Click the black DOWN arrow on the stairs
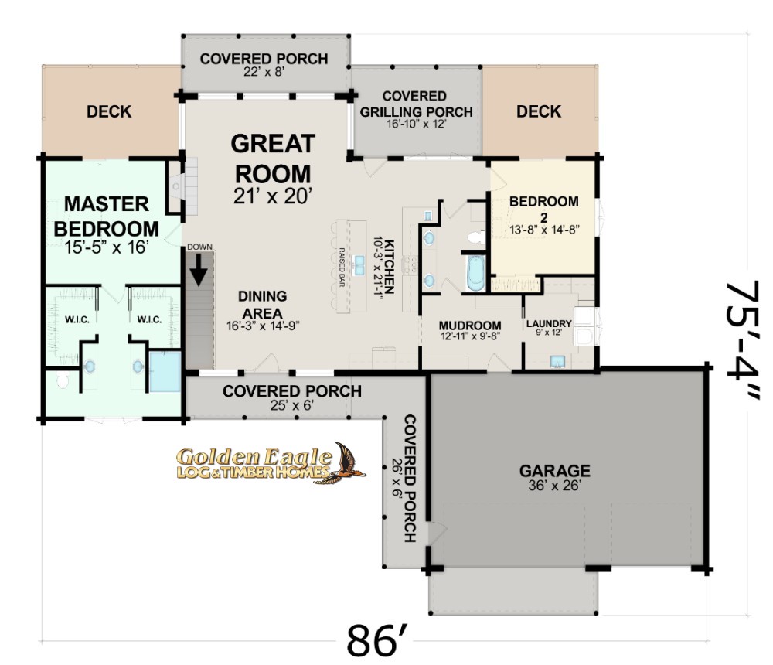[199, 269]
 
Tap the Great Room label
[273, 159]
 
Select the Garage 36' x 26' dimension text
[554, 486]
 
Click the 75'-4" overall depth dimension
[742, 341]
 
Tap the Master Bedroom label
[107, 217]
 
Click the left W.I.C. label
[77, 319]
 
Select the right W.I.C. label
[149, 319]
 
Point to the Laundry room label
[549, 324]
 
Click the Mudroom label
[470, 326]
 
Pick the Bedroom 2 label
[543, 209]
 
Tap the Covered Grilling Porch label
[416, 104]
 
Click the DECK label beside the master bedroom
[109, 111]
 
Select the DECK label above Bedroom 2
[538, 111]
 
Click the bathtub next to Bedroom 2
[476, 273]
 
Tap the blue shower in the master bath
[165, 371]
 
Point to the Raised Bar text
[341, 267]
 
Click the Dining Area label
[262, 305]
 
